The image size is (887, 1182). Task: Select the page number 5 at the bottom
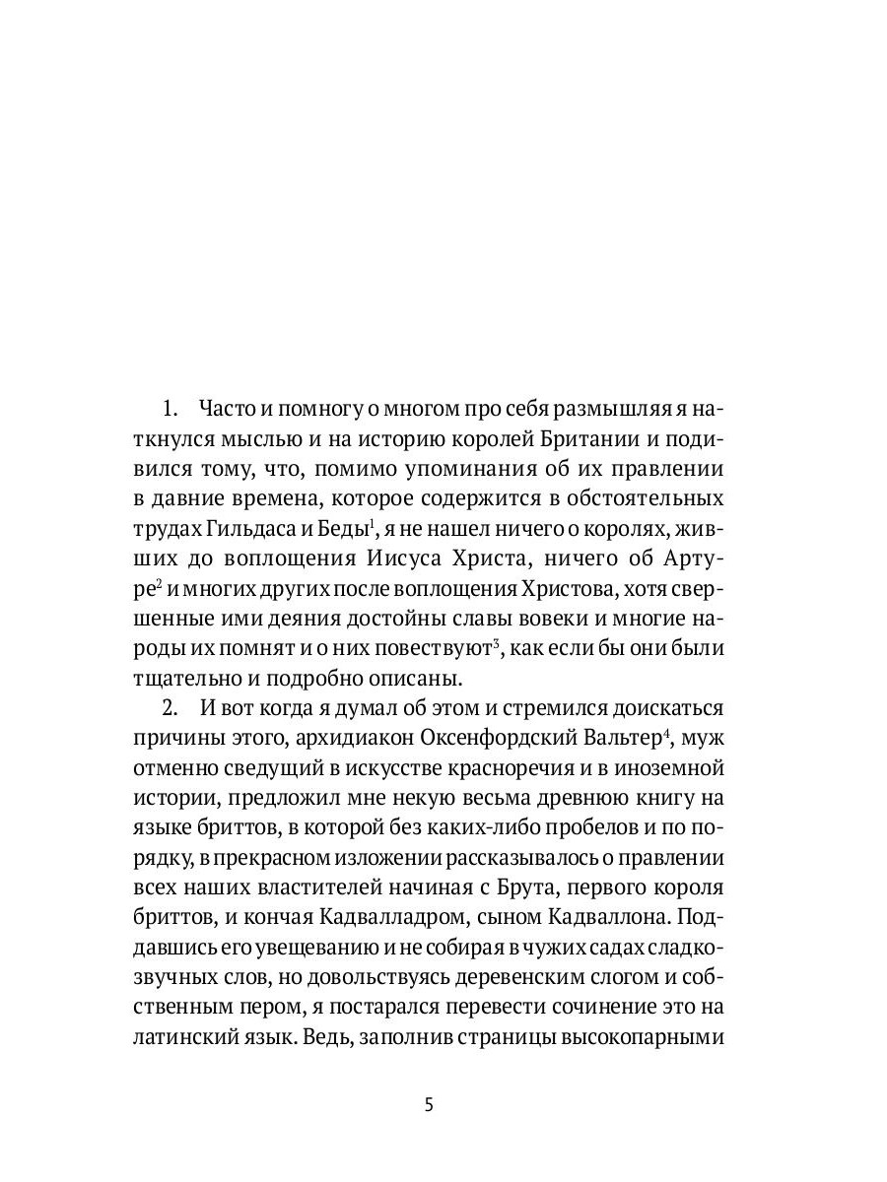coord(428,1104)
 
